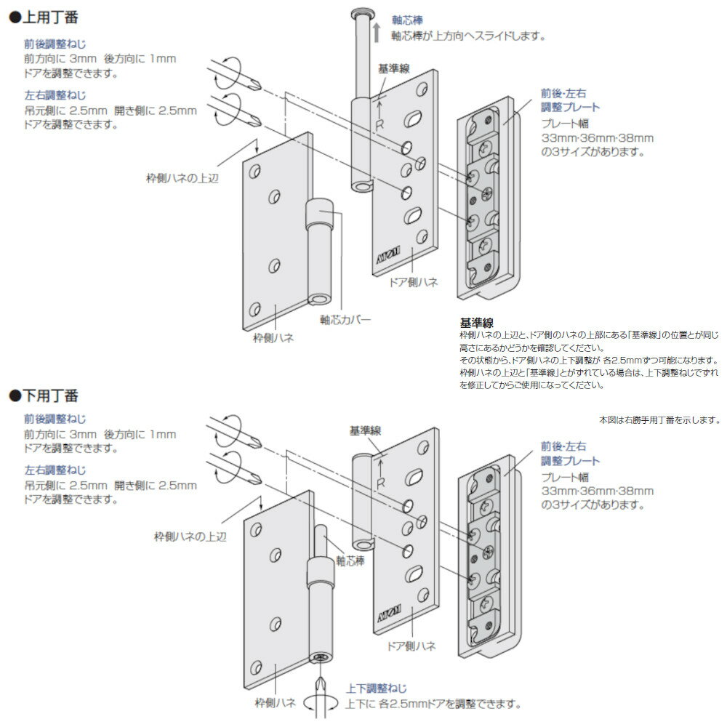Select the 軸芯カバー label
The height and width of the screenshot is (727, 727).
click(x=345, y=319)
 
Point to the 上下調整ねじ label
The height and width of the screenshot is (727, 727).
click(x=376, y=688)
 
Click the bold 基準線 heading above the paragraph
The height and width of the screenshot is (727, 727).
click(x=478, y=322)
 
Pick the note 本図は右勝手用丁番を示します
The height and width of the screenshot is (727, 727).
click(x=659, y=420)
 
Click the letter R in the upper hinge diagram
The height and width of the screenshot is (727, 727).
click(x=379, y=124)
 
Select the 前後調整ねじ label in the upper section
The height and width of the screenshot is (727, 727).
click(x=55, y=44)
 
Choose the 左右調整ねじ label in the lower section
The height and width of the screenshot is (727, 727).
click(x=55, y=470)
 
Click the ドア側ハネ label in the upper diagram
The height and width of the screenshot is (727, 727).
click(x=413, y=283)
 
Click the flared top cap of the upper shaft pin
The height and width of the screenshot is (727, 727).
click(x=361, y=14)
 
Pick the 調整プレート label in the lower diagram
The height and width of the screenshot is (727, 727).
click(x=569, y=461)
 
